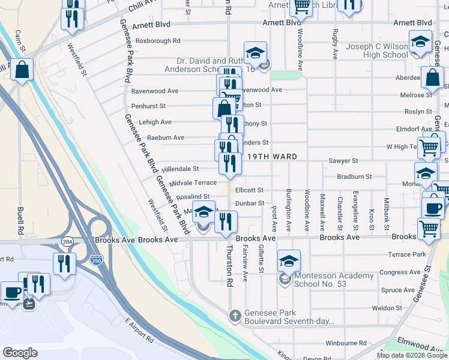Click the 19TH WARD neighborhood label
pos(271,157)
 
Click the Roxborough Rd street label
pos(158,41)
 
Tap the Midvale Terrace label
pos(193,182)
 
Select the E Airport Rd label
pos(139,333)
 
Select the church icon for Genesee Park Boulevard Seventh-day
pos(235,315)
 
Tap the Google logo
pos(20,353)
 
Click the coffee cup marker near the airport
pos(13,293)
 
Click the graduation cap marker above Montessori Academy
pos(289,261)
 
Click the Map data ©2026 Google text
pos(411,355)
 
